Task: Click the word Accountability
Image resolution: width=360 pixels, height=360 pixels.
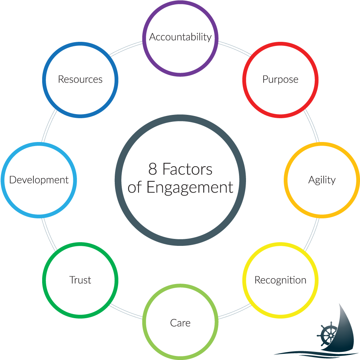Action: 180,37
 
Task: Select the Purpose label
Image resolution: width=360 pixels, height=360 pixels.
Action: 280,79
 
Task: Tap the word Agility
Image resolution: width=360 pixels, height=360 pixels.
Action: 322,180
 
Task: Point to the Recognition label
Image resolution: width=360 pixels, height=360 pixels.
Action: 280,280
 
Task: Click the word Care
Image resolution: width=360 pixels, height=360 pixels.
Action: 180,323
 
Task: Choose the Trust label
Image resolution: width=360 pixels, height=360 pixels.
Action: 80,280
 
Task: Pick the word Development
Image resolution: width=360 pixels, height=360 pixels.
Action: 39,180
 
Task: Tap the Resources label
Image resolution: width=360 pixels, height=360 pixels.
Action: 80,79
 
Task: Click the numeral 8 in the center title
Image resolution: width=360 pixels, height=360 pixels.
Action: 153,170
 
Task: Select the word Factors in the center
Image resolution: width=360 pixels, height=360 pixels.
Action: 187,170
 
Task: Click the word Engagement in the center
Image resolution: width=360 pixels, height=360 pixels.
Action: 190,187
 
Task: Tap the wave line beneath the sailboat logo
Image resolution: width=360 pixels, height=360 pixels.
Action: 312,353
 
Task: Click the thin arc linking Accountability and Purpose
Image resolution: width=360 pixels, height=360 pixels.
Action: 235,48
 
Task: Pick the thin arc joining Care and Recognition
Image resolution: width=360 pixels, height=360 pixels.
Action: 235,312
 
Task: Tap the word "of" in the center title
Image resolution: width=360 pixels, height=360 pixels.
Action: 135,187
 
